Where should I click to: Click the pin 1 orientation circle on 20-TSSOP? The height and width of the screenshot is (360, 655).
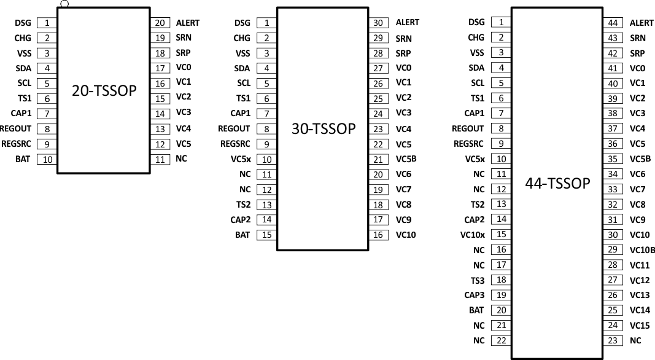click(64, 4)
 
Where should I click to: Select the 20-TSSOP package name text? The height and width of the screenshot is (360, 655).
click(104, 91)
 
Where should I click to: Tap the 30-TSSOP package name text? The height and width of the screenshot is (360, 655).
click(324, 128)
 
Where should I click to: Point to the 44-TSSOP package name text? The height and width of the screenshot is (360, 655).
click(557, 183)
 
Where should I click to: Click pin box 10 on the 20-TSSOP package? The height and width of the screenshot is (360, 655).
click(47, 159)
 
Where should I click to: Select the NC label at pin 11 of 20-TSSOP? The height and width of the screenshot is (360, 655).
click(181, 159)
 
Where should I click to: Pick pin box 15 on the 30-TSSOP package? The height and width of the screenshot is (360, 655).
click(266, 235)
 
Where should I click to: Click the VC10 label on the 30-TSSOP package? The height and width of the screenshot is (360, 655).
click(406, 235)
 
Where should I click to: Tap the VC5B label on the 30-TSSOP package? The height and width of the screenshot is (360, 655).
click(406, 159)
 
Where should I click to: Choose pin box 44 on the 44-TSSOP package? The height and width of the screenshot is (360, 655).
click(612, 23)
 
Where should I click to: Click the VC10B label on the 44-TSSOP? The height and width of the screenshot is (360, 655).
click(642, 250)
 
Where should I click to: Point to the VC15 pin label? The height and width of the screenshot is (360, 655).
click(640, 325)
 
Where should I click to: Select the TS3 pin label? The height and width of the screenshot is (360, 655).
click(478, 280)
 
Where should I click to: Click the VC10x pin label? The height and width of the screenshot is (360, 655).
click(472, 235)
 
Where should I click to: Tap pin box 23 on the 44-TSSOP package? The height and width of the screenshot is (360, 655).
click(612, 340)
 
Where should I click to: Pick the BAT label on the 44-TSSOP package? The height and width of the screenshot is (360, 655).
click(476, 310)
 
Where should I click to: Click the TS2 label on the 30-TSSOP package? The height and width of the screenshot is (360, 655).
click(243, 205)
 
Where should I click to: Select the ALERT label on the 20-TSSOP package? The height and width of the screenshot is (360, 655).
click(187, 23)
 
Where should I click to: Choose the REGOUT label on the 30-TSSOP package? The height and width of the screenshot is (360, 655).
click(234, 129)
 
